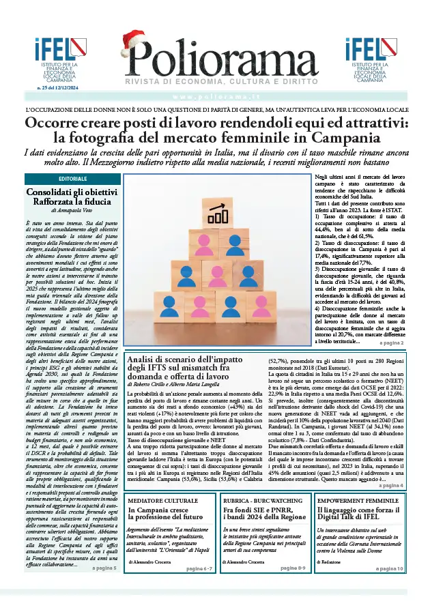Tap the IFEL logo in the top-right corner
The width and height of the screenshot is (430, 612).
point(373,59)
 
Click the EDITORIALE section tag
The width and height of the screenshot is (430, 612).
point(73,178)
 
